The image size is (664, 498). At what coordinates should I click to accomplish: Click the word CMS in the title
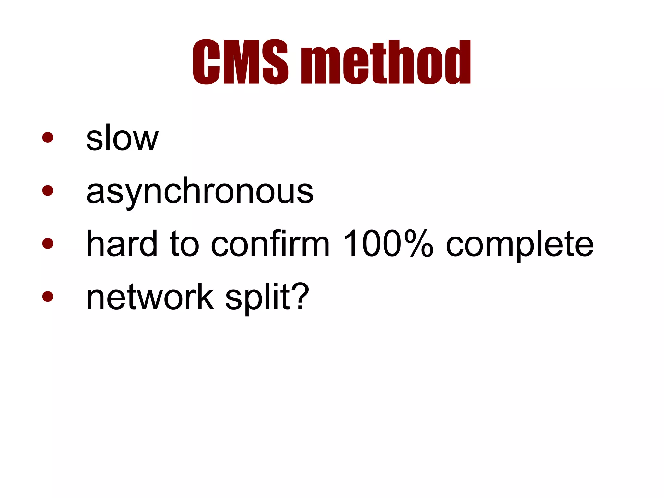tap(240, 62)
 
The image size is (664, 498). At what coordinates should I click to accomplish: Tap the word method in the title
tap(386, 62)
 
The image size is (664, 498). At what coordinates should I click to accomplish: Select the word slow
tap(122, 138)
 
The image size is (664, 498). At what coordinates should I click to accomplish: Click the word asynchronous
tap(200, 191)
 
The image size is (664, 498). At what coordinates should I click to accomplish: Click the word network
tap(150, 297)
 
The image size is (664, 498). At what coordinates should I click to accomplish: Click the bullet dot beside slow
tap(48, 137)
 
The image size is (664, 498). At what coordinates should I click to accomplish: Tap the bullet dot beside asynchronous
tap(48, 190)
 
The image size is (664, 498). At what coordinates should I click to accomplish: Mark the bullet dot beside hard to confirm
tap(48, 243)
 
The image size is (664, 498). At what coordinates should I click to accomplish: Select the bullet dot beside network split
tap(48, 296)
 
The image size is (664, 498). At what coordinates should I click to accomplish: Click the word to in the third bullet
tap(184, 244)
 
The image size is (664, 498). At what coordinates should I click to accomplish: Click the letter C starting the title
tap(207, 62)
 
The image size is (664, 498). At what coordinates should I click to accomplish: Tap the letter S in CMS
tap(275, 62)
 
